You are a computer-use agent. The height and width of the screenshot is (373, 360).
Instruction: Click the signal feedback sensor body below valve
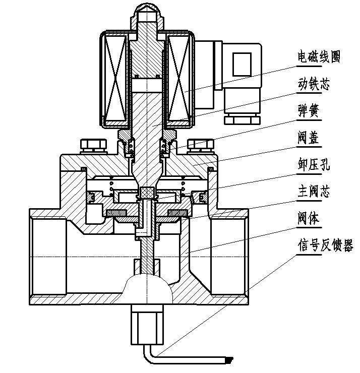[x=148, y=323]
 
